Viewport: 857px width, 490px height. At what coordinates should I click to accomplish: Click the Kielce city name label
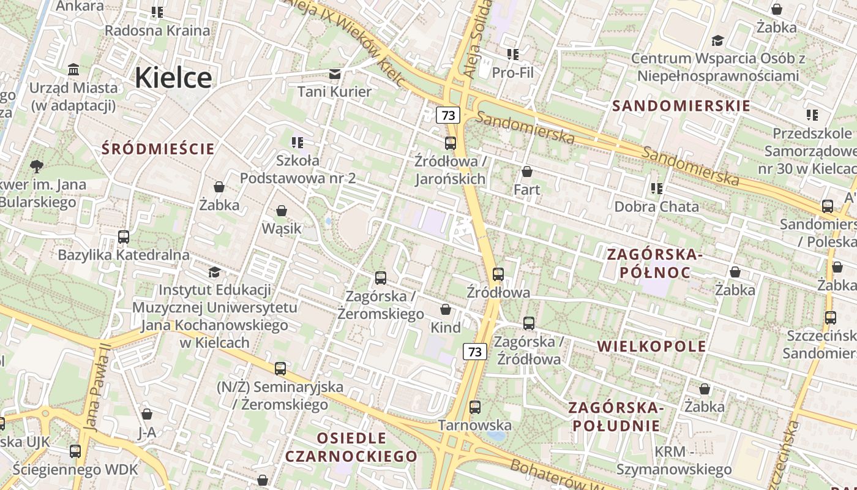click(x=173, y=78)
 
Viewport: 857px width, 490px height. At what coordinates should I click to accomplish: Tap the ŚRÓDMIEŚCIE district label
click(x=159, y=149)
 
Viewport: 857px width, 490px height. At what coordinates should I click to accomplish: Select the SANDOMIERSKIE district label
click(x=681, y=106)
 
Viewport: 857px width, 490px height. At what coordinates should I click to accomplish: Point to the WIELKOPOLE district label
click(x=651, y=346)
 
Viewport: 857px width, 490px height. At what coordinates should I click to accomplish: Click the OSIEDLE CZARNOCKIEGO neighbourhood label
click(x=351, y=447)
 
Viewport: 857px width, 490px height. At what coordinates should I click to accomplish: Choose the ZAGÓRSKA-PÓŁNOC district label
click(x=652, y=263)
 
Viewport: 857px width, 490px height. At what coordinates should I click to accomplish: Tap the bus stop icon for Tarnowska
click(x=474, y=407)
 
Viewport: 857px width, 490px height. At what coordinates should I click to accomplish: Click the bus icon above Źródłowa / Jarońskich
click(x=451, y=143)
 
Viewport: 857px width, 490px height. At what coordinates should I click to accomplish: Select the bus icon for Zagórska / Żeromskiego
click(x=381, y=278)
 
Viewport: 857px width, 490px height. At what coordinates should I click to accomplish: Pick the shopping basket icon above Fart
click(x=527, y=171)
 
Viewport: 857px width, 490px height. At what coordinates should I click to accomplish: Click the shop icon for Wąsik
click(x=282, y=211)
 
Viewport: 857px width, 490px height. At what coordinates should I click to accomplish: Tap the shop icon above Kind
click(x=446, y=310)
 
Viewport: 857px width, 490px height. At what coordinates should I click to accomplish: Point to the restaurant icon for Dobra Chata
click(x=657, y=189)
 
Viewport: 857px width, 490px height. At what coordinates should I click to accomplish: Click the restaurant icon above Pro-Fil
click(x=513, y=55)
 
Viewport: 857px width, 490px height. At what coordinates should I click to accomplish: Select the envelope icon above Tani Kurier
click(x=335, y=74)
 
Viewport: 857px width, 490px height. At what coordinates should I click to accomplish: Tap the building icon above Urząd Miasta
click(x=74, y=69)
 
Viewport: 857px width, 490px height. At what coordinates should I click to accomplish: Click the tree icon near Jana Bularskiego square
click(x=37, y=166)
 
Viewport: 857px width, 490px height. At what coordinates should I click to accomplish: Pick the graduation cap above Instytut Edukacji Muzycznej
click(x=214, y=271)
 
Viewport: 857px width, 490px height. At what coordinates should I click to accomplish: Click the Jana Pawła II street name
click(x=98, y=386)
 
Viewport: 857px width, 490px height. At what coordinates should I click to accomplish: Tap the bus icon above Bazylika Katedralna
click(x=124, y=236)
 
